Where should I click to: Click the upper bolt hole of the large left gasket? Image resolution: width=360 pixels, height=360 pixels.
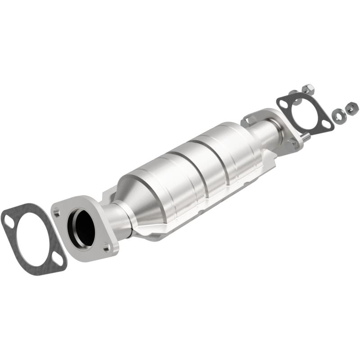9,220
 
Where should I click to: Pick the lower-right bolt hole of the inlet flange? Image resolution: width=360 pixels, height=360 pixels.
106,247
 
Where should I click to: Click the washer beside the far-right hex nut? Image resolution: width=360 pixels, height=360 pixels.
337,116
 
